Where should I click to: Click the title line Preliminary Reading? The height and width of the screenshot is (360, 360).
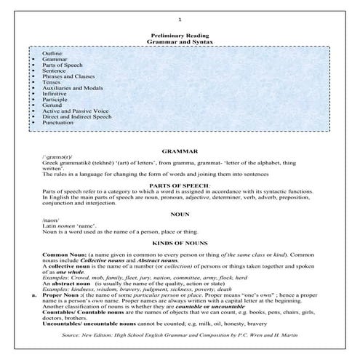pos(179,34)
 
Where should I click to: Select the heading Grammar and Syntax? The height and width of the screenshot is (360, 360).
pos(179,41)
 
